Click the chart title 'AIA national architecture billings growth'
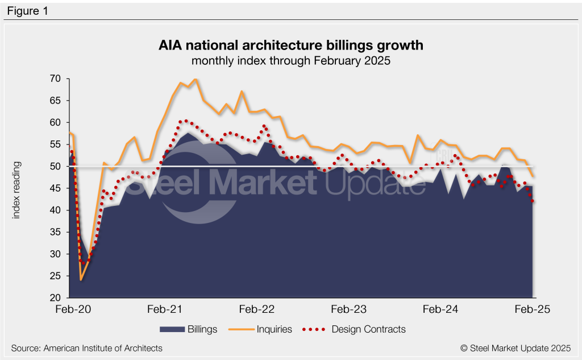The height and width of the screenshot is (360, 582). (290, 45)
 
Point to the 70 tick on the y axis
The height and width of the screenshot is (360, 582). (55, 78)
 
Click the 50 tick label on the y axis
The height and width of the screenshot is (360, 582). (55, 167)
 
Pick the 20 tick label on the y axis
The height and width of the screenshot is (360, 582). (55, 298)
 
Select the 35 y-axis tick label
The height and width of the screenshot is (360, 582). (55, 232)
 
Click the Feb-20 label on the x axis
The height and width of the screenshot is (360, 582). (70, 309)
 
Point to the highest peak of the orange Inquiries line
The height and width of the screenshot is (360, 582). (196, 79)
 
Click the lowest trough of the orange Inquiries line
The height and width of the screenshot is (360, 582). (81, 280)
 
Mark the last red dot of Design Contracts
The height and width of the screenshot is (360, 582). (533, 201)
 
